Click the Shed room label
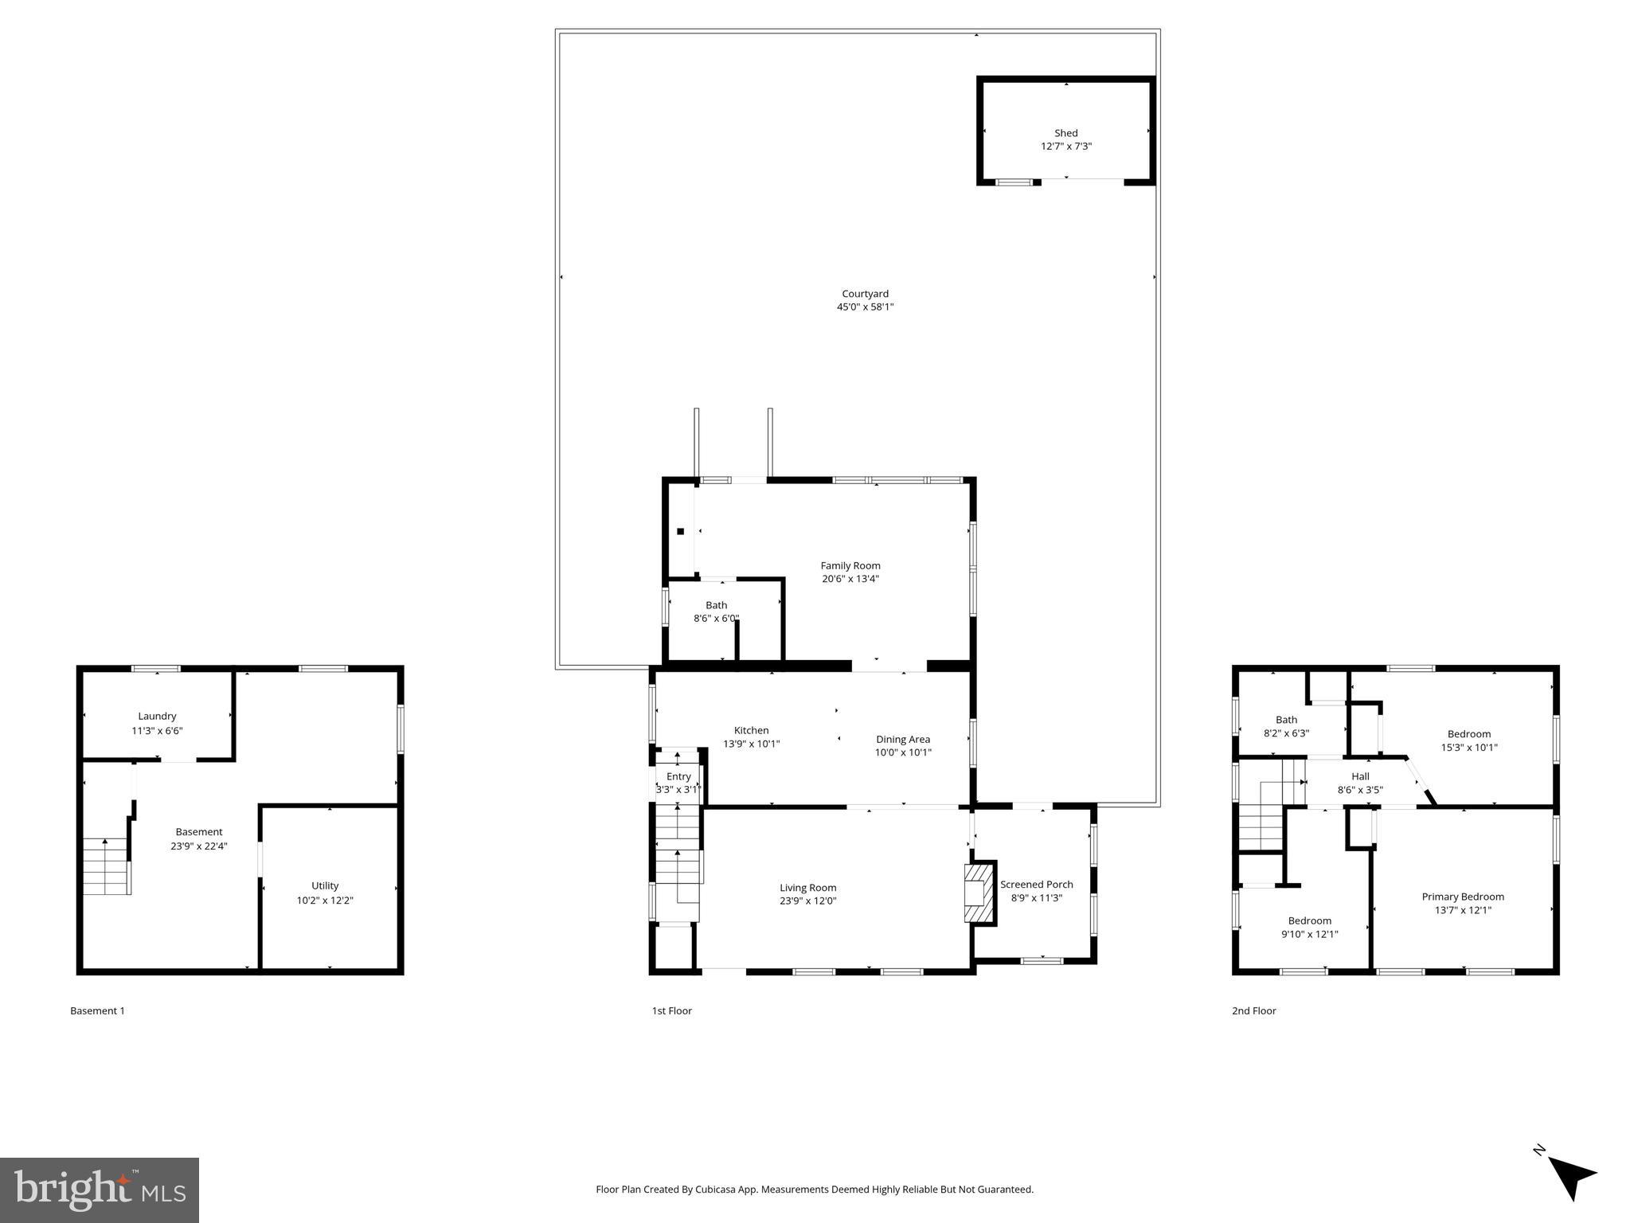[x=1065, y=133]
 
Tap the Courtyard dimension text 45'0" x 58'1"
[x=865, y=307]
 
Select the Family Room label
[x=850, y=565]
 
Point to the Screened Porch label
[x=1036, y=884]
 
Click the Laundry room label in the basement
[x=157, y=716]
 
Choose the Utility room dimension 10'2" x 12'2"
[x=324, y=900]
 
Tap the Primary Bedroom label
[x=1462, y=896]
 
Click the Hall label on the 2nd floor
[x=1360, y=776]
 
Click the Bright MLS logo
[x=100, y=1190]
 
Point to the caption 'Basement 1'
[x=97, y=1010]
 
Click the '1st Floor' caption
[x=671, y=1010]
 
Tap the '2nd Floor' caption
[x=1253, y=1010]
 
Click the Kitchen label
[x=751, y=730]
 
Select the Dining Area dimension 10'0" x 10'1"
[x=902, y=752]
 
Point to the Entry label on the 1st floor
[x=678, y=776]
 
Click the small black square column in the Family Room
[x=680, y=531]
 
